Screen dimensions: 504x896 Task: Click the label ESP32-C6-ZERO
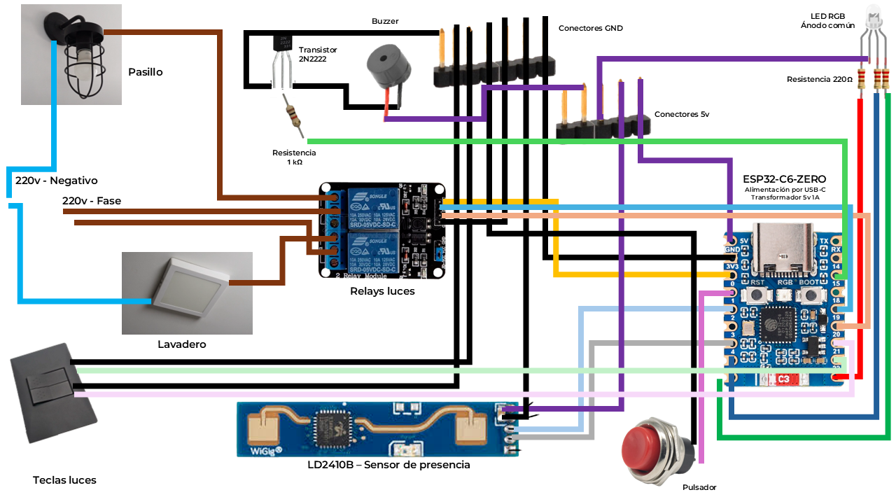click(x=785, y=179)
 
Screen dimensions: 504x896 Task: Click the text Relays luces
click(x=382, y=291)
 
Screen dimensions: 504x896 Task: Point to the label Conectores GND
click(x=590, y=29)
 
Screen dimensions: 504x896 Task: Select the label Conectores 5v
click(x=681, y=114)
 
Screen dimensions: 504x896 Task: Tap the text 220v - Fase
click(x=92, y=201)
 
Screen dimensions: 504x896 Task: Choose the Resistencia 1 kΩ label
click(x=294, y=157)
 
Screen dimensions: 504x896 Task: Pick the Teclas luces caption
click(x=64, y=480)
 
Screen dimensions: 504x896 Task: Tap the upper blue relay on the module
click(x=372, y=204)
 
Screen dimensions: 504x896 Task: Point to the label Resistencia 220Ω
click(x=820, y=80)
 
